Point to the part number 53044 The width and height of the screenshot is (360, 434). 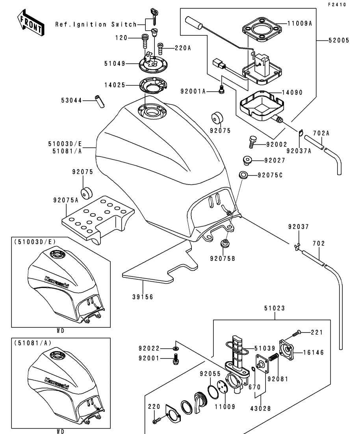(x=71, y=101)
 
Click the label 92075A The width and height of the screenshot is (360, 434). (x=65, y=200)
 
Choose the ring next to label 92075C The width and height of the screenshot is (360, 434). (x=243, y=175)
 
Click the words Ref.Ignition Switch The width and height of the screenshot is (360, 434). (x=96, y=24)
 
